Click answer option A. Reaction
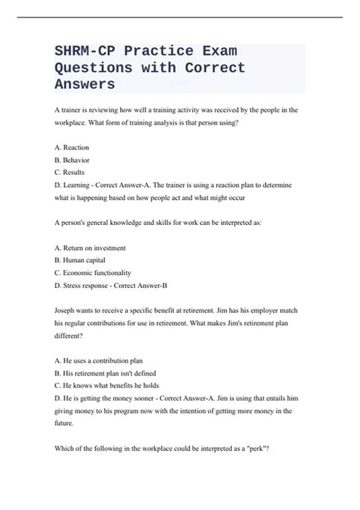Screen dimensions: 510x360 [x=72, y=147]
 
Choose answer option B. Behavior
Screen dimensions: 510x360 [x=72, y=160]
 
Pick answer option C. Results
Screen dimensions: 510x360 [x=71, y=172]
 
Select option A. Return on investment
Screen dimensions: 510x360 [x=90, y=248]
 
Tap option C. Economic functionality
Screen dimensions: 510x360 [x=93, y=272]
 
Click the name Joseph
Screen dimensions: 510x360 [x=68, y=310]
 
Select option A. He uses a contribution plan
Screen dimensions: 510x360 [x=99, y=360]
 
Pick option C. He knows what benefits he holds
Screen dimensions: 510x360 [x=107, y=385]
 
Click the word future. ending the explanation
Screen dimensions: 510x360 [x=68, y=423]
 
